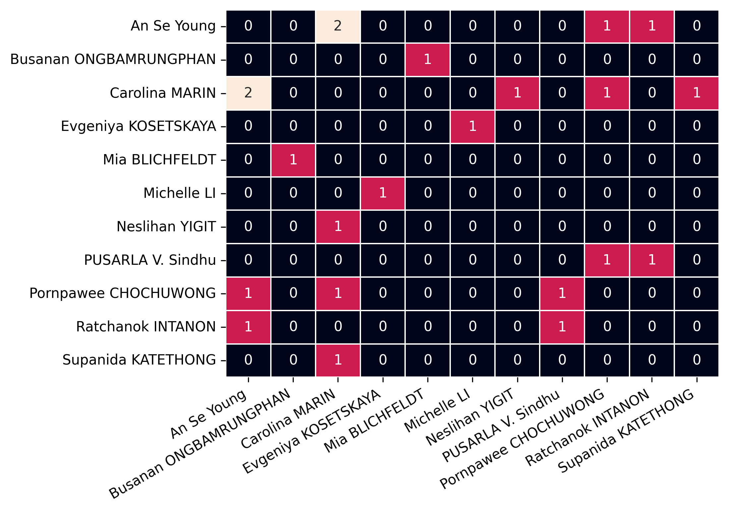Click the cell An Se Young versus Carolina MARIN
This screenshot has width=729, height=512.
[x=338, y=26]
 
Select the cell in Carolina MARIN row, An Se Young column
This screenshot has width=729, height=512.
[x=248, y=93]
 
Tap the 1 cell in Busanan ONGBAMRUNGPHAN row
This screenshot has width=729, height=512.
[x=428, y=60]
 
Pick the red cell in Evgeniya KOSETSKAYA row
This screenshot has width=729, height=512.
[x=472, y=126]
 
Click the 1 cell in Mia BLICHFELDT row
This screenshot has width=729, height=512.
[x=293, y=160]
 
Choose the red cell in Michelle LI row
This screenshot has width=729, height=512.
[x=383, y=193]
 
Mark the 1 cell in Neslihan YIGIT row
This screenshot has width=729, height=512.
[x=338, y=227]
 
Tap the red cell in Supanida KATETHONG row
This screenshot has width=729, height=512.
[x=338, y=360]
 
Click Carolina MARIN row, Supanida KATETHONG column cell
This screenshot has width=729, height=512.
[x=697, y=93]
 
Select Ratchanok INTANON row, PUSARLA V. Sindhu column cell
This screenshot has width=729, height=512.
[x=562, y=327]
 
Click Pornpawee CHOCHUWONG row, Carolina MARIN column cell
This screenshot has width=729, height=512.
[x=338, y=293]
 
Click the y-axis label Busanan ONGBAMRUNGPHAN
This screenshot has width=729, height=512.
[x=113, y=60]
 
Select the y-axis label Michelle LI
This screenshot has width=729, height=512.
[x=179, y=193]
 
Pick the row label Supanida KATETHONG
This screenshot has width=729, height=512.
[x=139, y=360]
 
